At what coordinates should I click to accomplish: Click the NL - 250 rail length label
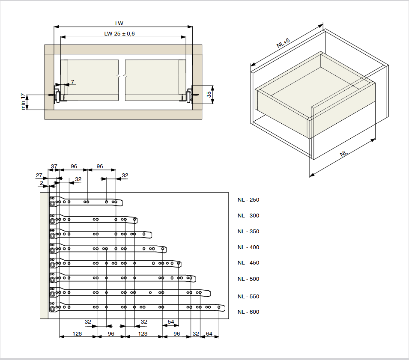248,200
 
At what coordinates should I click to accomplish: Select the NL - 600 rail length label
248,312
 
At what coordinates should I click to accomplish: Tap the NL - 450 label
248,263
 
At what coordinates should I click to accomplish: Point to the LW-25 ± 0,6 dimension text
119,34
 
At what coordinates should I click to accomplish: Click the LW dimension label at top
119,24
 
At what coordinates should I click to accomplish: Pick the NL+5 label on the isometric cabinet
283,43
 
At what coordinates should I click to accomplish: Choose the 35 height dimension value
209,94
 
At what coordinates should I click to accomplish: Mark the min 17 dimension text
23,102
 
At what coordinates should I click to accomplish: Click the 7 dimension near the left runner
72,82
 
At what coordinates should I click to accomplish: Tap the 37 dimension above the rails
54,167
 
